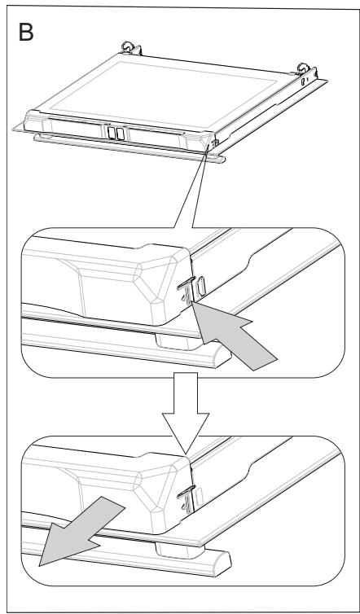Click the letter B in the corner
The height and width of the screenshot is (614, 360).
coord(26,32)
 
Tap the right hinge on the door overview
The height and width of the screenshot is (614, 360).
coord(305,69)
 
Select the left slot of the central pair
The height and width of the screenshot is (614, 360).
coord(112,133)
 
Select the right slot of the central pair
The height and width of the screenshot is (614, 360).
coord(121,134)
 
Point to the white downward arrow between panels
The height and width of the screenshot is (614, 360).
coord(186,412)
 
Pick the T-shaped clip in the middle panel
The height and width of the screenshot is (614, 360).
coord(187,290)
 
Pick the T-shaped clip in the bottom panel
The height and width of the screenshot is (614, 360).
coord(187,499)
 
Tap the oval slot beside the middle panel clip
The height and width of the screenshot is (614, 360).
coord(202,287)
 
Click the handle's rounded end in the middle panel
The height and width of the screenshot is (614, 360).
coord(222,357)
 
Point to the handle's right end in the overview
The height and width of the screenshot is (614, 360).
coord(221,159)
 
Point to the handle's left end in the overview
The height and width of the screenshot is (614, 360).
coord(38,137)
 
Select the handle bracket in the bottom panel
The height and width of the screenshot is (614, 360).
coord(178,550)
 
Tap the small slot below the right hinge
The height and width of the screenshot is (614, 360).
coord(303,82)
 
